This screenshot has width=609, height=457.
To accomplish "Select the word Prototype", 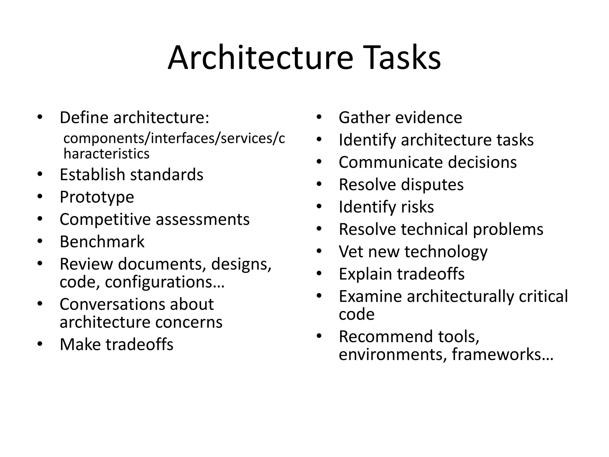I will [97, 197].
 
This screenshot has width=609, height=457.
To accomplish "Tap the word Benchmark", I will [102, 241].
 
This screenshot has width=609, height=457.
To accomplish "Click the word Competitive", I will [105, 220].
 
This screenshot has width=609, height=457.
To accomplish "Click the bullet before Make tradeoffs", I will [40, 344].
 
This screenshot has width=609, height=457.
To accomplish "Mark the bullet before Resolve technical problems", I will [319, 229].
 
